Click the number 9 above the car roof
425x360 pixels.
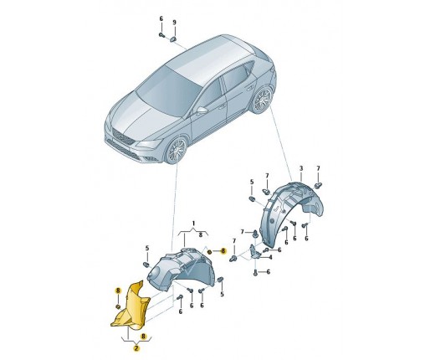175,23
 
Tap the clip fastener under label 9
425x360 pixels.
172,39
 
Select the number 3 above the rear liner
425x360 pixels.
301,168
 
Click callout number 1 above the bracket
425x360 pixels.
193,223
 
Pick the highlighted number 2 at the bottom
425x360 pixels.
136,348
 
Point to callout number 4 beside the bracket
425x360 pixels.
270,257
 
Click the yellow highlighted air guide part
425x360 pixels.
131,308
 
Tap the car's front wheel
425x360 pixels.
177,151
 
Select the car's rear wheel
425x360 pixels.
262,100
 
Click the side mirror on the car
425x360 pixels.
202,111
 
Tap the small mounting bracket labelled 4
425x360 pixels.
254,250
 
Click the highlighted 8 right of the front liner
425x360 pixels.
223,250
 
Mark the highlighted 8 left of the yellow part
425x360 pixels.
118,291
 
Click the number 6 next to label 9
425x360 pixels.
161,18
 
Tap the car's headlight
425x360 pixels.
148,144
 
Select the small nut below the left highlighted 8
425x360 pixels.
118,307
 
